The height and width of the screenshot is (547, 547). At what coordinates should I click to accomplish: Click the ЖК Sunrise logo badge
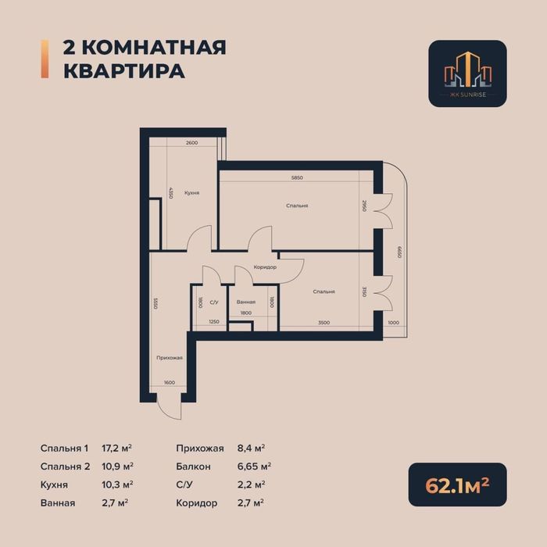click(x=467, y=73)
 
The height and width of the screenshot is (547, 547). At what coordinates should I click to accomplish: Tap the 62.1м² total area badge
click(x=457, y=485)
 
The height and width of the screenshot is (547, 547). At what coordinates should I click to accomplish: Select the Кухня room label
click(x=191, y=192)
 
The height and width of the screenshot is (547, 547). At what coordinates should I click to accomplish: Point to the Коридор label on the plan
click(x=265, y=267)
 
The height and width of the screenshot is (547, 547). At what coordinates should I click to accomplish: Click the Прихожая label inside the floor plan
click(x=169, y=358)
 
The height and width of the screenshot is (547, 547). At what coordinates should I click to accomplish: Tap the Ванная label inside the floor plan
click(x=246, y=302)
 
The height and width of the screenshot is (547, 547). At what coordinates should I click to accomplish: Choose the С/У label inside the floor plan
click(x=213, y=302)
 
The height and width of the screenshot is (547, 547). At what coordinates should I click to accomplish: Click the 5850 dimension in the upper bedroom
click(x=296, y=178)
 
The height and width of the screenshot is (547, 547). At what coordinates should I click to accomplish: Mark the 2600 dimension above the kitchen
click(x=191, y=143)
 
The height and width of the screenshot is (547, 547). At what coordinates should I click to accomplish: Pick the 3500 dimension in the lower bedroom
click(x=324, y=322)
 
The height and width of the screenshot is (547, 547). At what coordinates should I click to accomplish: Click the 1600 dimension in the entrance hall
click(x=169, y=382)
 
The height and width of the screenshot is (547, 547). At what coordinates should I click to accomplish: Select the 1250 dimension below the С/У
click(x=213, y=322)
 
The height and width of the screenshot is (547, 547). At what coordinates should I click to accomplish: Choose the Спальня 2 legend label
click(x=65, y=467)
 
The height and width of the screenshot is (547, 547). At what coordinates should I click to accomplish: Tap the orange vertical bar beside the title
click(x=44, y=59)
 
